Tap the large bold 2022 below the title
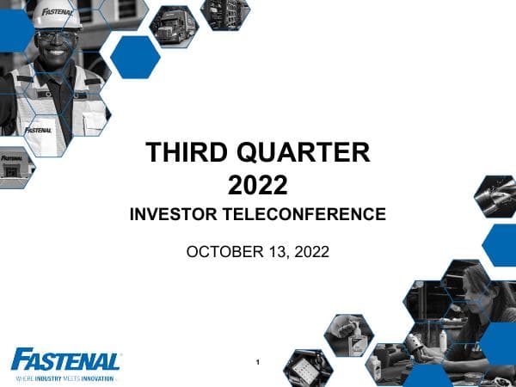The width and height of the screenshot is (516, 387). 258,184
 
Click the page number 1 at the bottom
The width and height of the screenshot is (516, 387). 258,362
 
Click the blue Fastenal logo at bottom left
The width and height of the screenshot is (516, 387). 65,359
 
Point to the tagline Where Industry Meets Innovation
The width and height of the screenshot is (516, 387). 65,378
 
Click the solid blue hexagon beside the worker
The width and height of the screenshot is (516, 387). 135,57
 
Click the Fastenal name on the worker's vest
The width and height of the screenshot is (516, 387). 40,130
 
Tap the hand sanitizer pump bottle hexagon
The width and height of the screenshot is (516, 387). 349,335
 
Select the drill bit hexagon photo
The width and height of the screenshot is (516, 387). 497,195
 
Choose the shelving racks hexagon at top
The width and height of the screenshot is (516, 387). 225,15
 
